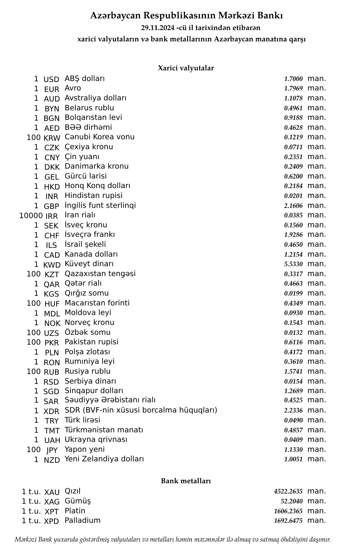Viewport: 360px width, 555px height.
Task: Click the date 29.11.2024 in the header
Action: (157, 28)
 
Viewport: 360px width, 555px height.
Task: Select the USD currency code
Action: (51, 79)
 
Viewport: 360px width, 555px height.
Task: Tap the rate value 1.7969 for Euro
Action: (293, 88)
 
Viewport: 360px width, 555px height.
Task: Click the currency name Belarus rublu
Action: (89, 108)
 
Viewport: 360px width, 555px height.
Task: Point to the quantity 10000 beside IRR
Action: (31, 215)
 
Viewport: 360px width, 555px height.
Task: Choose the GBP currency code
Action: (51, 206)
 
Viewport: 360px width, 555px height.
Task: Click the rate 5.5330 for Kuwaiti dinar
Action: (293, 264)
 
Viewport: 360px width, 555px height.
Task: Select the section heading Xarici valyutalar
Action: (186, 68)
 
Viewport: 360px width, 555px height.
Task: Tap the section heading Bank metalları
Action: (186, 481)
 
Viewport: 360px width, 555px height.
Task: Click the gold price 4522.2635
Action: (288, 491)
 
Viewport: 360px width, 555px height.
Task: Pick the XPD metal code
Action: (52, 521)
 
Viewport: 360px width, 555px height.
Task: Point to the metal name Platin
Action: (75, 511)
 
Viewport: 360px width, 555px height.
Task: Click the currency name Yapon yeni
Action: (85, 449)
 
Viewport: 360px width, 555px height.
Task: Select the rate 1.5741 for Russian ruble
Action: (293, 372)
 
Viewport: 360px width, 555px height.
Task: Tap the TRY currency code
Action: (52, 421)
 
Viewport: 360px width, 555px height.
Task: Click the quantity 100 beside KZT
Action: (34, 274)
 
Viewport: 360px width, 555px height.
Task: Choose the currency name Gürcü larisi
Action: (86, 176)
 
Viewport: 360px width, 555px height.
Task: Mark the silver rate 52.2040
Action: (292, 501)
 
